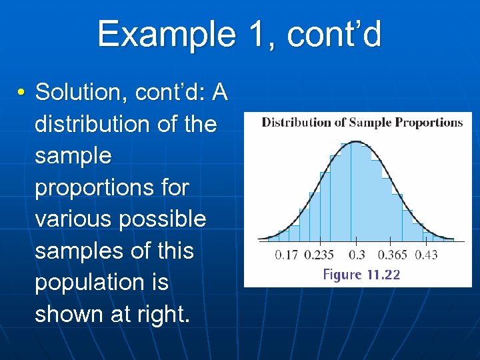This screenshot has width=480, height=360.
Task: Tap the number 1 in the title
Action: [256, 34]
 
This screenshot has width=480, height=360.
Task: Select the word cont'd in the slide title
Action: [334, 34]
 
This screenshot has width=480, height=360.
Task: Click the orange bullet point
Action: [22, 93]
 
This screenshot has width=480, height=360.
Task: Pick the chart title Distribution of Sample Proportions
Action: [362, 122]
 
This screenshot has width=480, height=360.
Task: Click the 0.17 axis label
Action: [287, 255]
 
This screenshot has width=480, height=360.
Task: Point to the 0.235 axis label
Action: [319, 255]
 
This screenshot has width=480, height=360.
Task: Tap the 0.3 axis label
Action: [357, 255]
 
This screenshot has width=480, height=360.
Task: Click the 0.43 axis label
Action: [427, 255]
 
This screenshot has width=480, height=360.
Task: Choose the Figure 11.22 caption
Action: [361, 275]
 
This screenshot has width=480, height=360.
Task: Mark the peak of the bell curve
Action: [357, 141]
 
